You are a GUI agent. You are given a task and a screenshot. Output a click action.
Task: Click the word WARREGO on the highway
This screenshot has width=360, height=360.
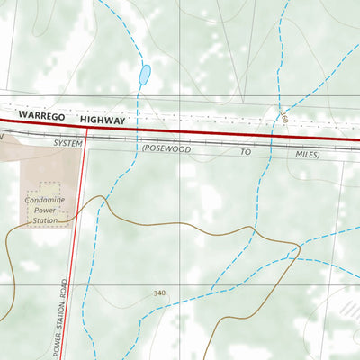click(x=41, y=117)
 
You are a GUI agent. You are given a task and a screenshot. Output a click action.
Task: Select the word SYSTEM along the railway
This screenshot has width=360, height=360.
click(x=67, y=143)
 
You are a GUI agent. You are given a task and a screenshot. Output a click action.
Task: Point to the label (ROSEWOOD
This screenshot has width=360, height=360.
click(x=166, y=149)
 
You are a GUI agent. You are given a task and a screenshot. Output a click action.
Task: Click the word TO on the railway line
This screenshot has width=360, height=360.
click(x=246, y=153)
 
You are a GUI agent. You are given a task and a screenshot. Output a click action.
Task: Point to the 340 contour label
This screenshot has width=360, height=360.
click(x=159, y=293)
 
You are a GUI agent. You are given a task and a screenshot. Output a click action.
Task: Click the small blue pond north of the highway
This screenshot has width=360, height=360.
click(x=144, y=76)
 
